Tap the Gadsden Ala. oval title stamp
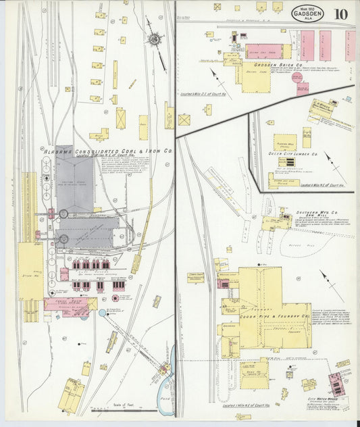point(307,13)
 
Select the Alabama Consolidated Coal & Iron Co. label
point(108,152)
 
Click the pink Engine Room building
point(66,303)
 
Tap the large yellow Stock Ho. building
point(30,270)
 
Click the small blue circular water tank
point(101,313)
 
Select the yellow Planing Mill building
point(284,143)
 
